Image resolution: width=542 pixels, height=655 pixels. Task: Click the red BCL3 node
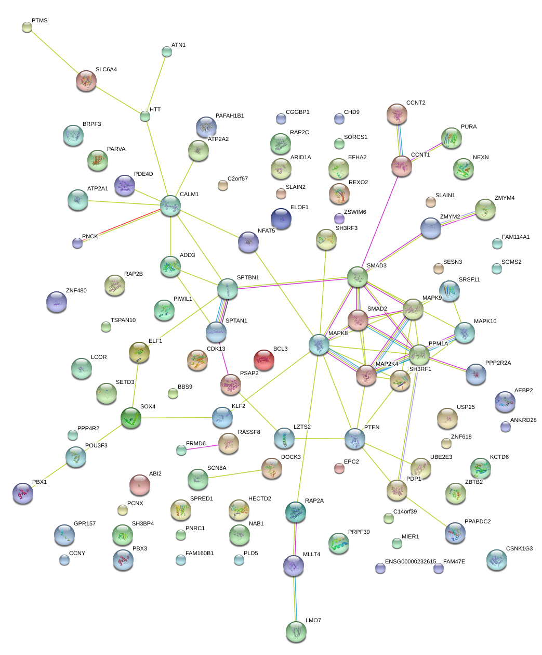(x=264, y=359)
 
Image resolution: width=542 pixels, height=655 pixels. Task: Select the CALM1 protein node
(x=170, y=206)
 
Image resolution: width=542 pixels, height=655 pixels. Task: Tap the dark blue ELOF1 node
(x=281, y=219)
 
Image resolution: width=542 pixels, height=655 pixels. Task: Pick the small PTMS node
(x=27, y=27)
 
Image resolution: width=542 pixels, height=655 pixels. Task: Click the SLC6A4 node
(x=86, y=81)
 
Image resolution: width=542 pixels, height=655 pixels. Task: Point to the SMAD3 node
(x=358, y=277)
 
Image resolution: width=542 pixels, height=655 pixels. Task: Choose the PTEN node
(x=355, y=439)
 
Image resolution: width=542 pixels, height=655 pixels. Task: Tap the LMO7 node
(x=296, y=631)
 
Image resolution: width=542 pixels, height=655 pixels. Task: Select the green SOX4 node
(x=131, y=417)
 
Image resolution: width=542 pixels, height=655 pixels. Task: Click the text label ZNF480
(x=76, y=291)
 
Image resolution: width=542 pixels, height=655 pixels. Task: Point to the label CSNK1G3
(x=519, y=549)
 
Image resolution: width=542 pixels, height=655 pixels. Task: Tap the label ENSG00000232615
(x=411, y=562)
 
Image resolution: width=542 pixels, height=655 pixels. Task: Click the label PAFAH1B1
(x=230, y=116)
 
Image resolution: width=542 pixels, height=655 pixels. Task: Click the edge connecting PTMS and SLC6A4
(x=56, y=53)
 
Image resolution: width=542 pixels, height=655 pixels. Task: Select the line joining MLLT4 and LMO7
(x=295, y=598)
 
